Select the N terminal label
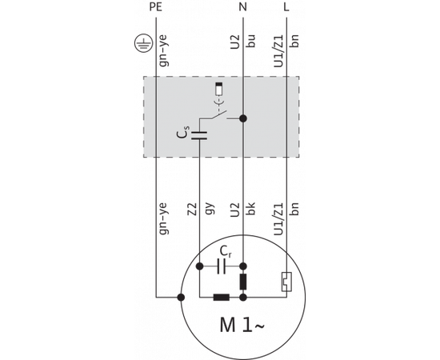pos(243,7)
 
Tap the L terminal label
pos(286,7)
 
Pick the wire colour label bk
pos(251,210)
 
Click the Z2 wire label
pos(191,210)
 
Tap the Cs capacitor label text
pos(183,134)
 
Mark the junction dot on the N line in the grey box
pos(243,118)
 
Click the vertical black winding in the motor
pos(243,282)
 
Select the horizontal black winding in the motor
pos(222,298)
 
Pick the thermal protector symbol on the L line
pos(286,282)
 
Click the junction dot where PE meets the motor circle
pos(181,298)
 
